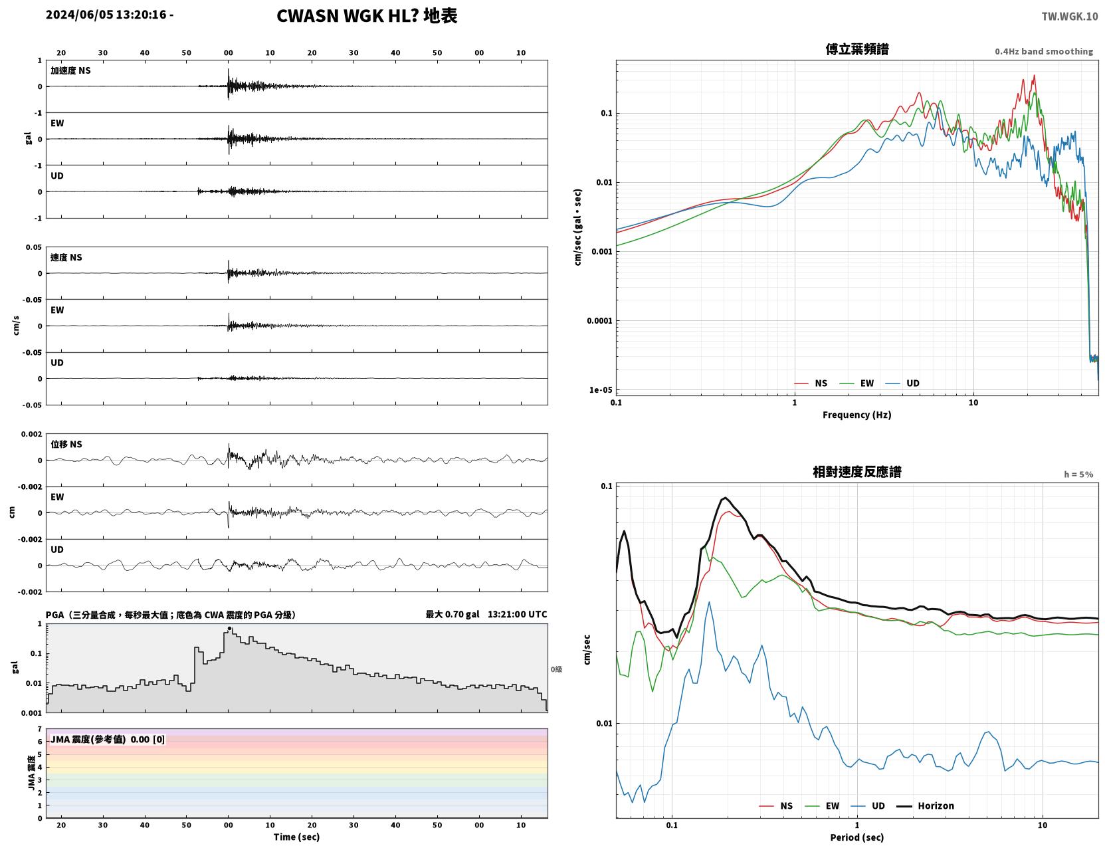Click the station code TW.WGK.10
click(x=1069, y=16)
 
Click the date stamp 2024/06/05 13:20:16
click(x=106, y=14)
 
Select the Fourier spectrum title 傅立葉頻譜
click(x=857, y=49)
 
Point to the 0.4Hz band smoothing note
click(x=1043, y=51)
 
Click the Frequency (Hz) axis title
click(x=857, y=415)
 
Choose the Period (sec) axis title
click(x=857, y=837)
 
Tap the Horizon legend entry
click(x=926, y=805)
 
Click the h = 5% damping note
click(x=1078, y=475)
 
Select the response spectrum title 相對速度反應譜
click(x=857, y=472)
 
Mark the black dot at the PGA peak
click(x=229, y=629)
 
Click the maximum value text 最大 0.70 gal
click(x=452, y=614)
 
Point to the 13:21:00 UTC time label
click(x=517, y=614)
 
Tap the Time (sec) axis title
click(x=296, y=837)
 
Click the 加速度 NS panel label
click(x=70, y=70)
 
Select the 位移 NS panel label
click(x=66, y=445)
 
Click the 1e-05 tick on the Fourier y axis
click(x=601, y=390)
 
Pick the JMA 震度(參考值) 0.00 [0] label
click(x=107, y=739)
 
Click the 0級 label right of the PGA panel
click(x=556, y=669)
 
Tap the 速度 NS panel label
click(x=66, y=257)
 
